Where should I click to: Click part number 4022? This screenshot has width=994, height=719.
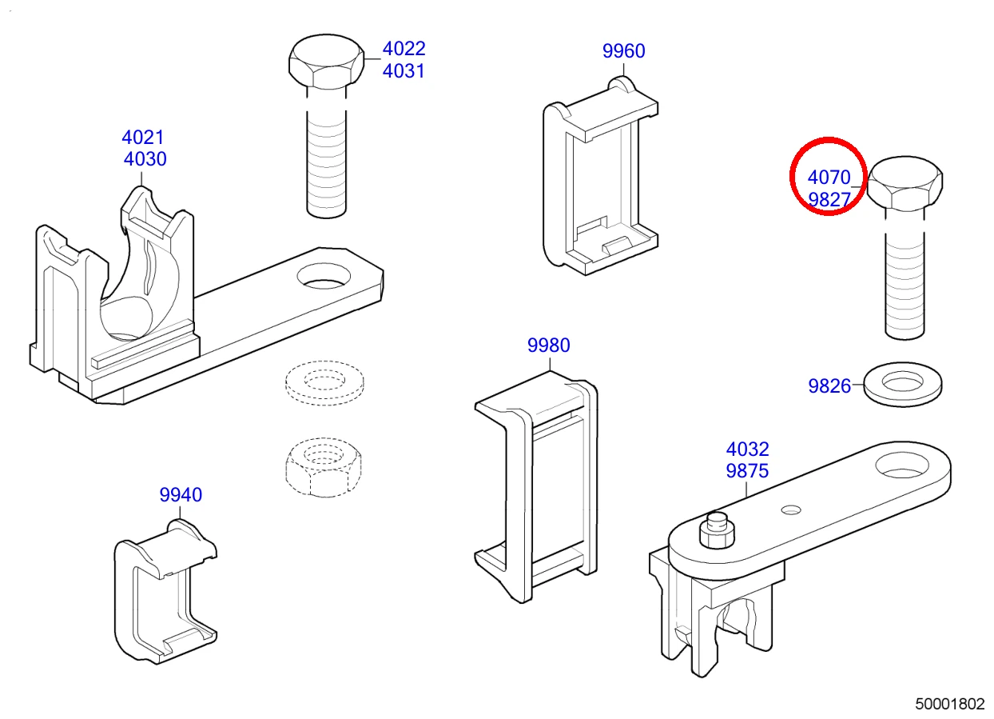404,49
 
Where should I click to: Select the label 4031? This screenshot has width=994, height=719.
404,71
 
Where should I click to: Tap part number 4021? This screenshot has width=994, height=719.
143,138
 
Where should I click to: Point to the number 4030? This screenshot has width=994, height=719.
145,159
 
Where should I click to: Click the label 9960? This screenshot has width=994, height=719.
623,51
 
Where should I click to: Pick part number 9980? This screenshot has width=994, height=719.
548,346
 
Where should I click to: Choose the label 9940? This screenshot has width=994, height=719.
181,495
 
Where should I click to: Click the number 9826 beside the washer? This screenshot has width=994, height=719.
829,386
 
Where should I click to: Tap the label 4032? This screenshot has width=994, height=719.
747,449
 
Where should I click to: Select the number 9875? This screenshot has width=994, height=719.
747,471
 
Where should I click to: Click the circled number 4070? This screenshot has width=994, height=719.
829,178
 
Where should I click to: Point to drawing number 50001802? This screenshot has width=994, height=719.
950,704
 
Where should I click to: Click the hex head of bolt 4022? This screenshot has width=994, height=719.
326,61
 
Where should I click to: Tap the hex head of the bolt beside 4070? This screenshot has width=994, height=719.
905,182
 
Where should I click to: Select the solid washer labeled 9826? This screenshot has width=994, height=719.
903,384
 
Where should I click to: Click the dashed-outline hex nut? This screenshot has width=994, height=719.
324,467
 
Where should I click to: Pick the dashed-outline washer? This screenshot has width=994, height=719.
324,383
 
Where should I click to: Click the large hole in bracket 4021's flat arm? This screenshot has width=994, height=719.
324,276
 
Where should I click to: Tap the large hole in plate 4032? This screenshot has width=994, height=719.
902,465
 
